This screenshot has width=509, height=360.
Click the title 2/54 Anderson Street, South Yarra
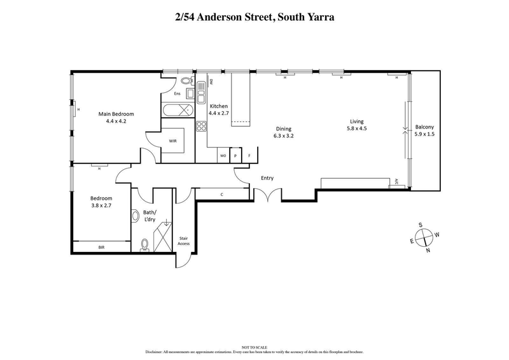(x=254, y=17)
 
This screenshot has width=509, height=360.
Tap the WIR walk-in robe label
(x=172, y=141)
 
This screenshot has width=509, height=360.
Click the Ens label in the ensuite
(x=178, y=94)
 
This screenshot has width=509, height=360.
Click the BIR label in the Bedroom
(x=101, y=247)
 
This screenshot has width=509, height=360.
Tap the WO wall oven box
(x=223, y=155)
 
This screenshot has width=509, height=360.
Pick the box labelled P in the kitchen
(x=235, y=155)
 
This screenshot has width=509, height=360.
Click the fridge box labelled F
(x=249, y=155)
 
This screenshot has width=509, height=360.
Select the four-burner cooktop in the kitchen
(x=201, y=125)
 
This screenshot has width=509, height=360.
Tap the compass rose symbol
(x=425, y=237)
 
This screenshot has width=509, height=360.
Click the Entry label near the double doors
(x=267, y=178)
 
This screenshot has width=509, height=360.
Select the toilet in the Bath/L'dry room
(x=144, y=244)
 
